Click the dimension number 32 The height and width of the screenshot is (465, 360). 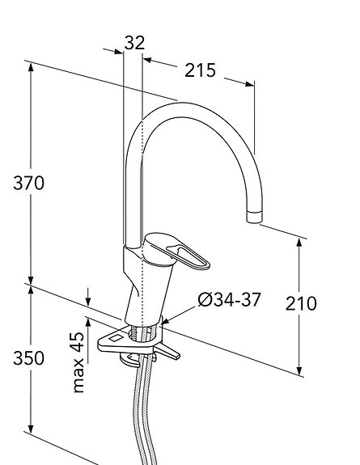point(135,42)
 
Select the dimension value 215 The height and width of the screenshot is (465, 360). point(200,70)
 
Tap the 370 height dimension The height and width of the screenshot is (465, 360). point(28,183)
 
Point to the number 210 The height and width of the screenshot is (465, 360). point(301,304)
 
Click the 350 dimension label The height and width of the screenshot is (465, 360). point(28,358)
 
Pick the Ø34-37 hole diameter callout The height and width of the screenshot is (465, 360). point(229,300)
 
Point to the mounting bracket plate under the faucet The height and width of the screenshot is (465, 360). point(113,341)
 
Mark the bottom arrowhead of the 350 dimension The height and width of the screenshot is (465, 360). point(31,450)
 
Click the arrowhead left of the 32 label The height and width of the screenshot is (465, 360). point(118,51)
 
